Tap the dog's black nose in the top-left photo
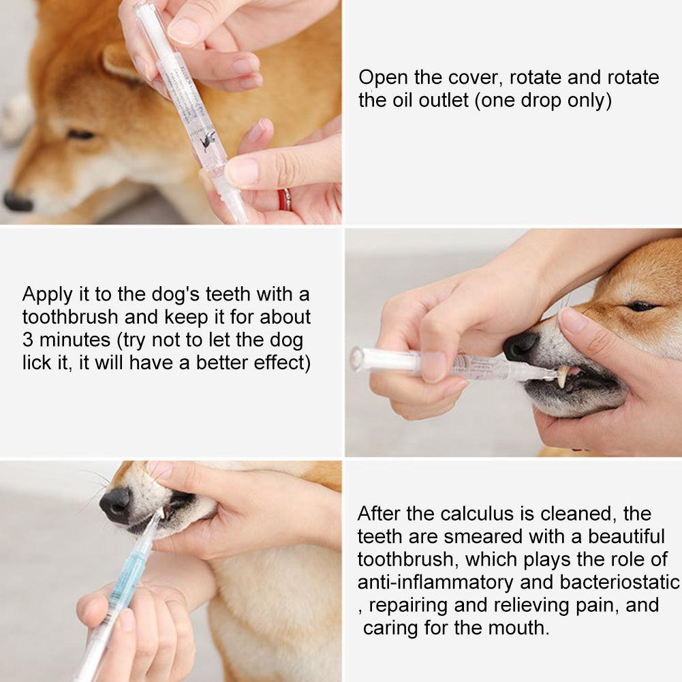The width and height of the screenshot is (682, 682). (x=17, y=201)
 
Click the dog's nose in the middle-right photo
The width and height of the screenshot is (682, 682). (x=520, y=346)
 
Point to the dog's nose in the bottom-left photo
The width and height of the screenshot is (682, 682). (x=116, y=505)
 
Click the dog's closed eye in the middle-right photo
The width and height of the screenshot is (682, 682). (x=641, y=306)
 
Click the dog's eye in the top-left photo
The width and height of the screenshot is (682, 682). (x=80, y=134)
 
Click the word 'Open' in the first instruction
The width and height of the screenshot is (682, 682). (x=384, y=77)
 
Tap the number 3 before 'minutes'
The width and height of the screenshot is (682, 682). (x=28, y=340)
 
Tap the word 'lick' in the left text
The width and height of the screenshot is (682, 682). (x=36, y=363)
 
